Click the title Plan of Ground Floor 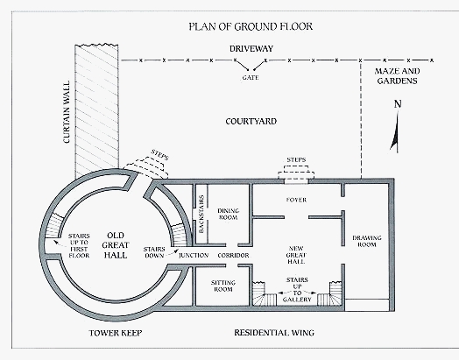(x=251, y=26)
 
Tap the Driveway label (x=251, y=48)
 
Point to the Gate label (x=251, y=78)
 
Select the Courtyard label (x=251, y=122)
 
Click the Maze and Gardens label (x=397, y=76)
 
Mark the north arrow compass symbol (x=396, y=126)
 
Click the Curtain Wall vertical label (x=67, y=112)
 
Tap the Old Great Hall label (x=116, y=245)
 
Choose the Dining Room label (x=229, y=214)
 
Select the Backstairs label (x=201, y=214)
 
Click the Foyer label (x=296, y=200)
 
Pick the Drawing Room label (x=367, y=241)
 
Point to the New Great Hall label (x=296, y=255)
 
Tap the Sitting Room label (x=223, y=286)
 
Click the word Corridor (x=233, y=256)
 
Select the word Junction (x=194, y=256)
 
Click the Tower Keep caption (x=116, y=333)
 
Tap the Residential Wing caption (x=274, y=333)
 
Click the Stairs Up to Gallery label (x=297, y=289)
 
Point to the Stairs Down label (x=154, y=252)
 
